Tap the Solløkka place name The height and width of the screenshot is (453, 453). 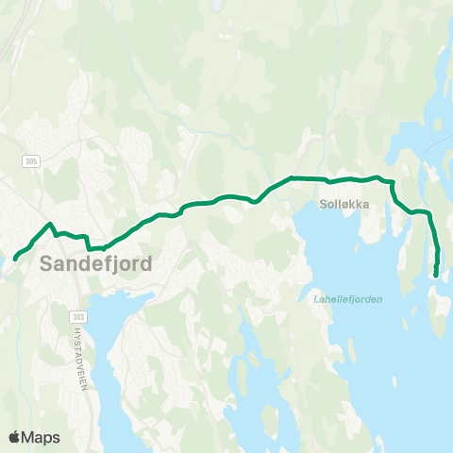point(343,203)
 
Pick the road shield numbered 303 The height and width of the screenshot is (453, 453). point(77,316)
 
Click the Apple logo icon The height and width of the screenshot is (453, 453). point(16,437)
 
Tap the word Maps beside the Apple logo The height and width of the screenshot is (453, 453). point(42,437)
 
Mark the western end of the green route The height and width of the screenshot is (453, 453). point(15,258)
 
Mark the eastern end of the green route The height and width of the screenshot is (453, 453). point(435,275)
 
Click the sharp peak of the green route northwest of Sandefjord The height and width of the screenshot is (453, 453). point(49,224)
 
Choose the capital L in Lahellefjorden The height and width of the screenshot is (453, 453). point(315,299)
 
